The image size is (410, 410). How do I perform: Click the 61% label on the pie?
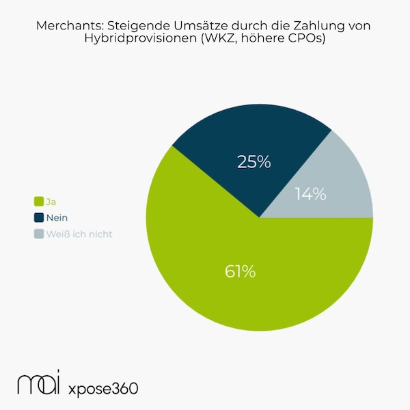240,271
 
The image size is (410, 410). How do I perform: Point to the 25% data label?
254,162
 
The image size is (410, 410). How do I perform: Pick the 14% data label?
310,193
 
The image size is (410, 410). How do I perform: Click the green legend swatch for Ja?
39,201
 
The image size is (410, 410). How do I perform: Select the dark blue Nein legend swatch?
39,217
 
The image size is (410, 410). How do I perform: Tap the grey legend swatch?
39,234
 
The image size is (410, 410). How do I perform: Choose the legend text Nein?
57,217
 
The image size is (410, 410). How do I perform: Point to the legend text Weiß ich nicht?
79,234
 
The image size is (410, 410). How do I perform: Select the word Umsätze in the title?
189,25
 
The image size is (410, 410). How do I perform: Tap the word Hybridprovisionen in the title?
140,39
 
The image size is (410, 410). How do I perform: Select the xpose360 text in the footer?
103,388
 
